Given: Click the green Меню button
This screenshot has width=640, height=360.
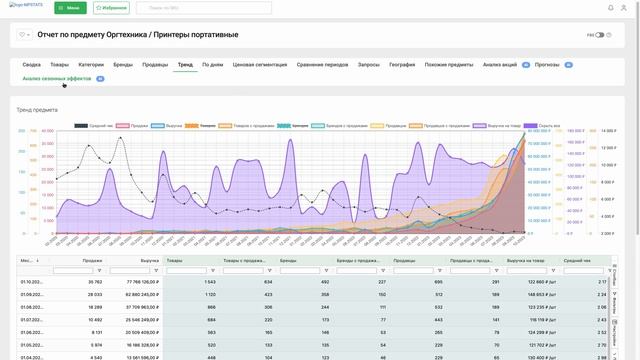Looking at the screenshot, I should pos(70,8).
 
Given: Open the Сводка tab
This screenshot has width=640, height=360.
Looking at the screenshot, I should pos(31,64).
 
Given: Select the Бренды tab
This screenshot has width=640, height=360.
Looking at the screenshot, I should pos(122,64).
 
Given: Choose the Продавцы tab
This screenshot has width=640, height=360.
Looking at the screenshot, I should pos(155,64).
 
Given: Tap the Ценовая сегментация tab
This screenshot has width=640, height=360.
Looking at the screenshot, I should pos(259,64).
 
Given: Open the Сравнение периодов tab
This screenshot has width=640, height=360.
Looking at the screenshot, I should pos(322,64).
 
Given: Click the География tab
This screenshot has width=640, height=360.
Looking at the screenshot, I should pos(402,64).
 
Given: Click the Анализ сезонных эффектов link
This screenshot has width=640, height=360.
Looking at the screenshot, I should pos(57,78).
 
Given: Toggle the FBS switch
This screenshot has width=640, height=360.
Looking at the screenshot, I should pos(600,35).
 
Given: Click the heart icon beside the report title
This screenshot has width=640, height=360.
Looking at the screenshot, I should pos(22,35).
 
